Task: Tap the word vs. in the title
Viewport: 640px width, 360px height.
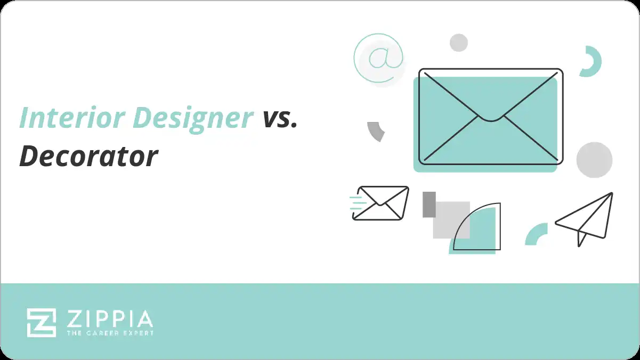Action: [x=279, y=118]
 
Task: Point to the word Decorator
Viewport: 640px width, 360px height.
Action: [x=88, y=156]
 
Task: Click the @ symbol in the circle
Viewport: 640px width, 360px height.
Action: [x=378, y=59]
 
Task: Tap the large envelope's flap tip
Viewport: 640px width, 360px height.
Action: [x=490, y=118]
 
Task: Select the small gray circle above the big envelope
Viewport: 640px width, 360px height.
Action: [x=458, y=43]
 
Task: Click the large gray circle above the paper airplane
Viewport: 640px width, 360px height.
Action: [x=594, y=160]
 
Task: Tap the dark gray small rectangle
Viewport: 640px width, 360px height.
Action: [x=429, y=204]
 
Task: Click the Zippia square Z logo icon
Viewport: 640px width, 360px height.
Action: [x=41, y=323]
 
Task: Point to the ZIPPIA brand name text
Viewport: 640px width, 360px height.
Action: [x=110, y=319]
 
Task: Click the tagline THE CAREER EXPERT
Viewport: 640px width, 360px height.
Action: [x=110, y=333]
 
